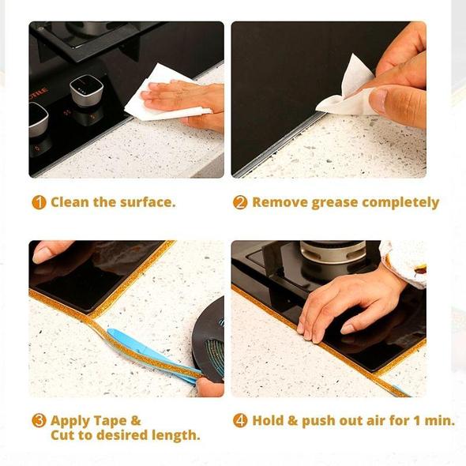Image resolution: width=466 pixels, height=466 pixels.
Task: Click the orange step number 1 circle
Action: tap(39, 202)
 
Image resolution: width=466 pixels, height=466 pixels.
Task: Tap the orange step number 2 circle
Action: tap(240, 202)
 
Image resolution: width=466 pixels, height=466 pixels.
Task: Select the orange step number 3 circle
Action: tap(39, 420)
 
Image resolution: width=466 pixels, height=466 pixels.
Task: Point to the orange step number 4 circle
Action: tap(240, 420)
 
